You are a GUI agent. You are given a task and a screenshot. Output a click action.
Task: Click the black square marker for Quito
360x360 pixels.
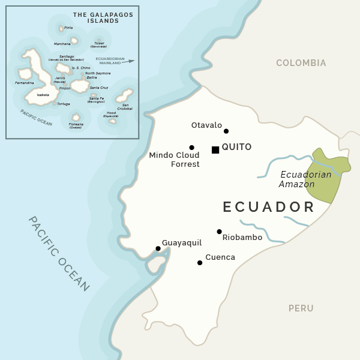coord(215,149)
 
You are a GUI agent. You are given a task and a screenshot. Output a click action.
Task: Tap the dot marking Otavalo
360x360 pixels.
coord(226,131)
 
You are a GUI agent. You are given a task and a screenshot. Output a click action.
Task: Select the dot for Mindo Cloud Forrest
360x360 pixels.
coord(191,147)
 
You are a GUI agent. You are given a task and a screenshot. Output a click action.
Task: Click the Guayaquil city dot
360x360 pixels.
coord(158,248)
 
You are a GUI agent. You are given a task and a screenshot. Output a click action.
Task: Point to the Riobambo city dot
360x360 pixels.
coord(219,232)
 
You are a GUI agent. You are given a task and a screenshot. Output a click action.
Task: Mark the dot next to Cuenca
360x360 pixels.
coord(200,262)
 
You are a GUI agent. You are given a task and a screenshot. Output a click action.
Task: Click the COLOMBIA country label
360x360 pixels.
coord(301,63)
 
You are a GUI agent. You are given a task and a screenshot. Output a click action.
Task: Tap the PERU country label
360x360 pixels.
coord(301,308)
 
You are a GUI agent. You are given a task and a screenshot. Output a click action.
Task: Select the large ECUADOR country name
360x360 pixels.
coord(269,207)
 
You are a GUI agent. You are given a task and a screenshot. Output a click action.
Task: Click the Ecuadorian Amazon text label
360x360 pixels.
coord(305,179)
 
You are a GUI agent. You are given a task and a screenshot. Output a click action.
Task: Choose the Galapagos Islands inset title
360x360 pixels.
coord(95,17)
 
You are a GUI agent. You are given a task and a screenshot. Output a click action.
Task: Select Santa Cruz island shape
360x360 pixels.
coord(80,86)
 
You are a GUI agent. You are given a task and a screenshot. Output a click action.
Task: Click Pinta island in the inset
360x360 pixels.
coord(61,28)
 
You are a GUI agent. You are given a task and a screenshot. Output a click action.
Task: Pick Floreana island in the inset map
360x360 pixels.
coord(76,118)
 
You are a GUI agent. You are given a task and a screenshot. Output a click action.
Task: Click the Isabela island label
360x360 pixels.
coord(43,95)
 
